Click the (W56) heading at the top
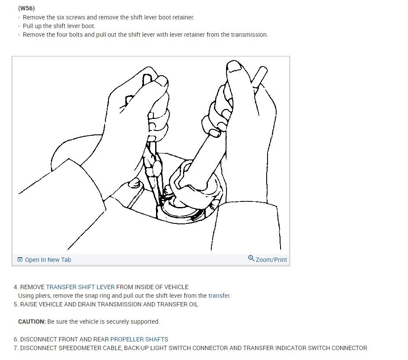point(26,8)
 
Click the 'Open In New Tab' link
point(48,260)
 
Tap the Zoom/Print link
point(271,260)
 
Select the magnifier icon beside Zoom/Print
point(251,258)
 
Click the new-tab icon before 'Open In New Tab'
point(20,260)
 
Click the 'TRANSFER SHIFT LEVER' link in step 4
point(80,287)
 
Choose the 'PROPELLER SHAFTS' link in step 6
point(139,339)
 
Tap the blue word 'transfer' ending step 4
point(219,296)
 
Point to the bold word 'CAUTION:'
point(32,322)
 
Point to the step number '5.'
point(16,304)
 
